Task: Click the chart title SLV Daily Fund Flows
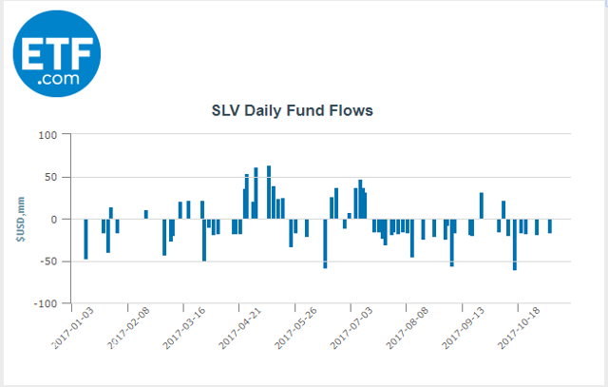click(x=292, y=110)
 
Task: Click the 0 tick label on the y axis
click(x=55, y=219)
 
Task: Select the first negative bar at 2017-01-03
click(x=85, y=239)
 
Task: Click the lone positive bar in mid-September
click(x=482, y=205)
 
